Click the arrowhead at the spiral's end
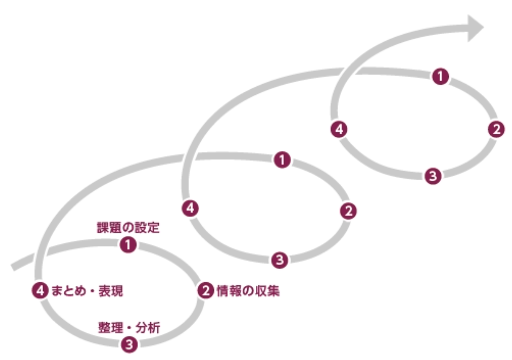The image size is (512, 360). tap(474, 28)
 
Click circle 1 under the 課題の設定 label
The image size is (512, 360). tap(128, 245)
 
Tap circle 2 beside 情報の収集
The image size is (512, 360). tap(206, 290)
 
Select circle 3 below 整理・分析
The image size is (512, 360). tap(129, 344)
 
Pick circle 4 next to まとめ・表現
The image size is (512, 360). tap(40, 290)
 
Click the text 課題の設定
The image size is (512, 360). tap(128, 228)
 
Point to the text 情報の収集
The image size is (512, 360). tap(248, 290)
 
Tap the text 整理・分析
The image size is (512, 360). tap(128, 327)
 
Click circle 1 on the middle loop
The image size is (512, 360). tap(282, 160)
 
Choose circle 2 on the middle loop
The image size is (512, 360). tap(348, 211)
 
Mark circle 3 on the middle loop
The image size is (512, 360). tap(279, 259)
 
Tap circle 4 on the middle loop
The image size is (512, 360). tap(190, 208)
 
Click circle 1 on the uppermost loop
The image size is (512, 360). tap(440, 76)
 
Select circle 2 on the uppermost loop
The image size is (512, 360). tap(496, 129)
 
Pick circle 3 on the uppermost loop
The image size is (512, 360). tap(432, 176)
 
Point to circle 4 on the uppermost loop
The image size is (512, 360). tap(339, 129)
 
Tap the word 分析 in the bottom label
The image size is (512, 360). tap(148, 327)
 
